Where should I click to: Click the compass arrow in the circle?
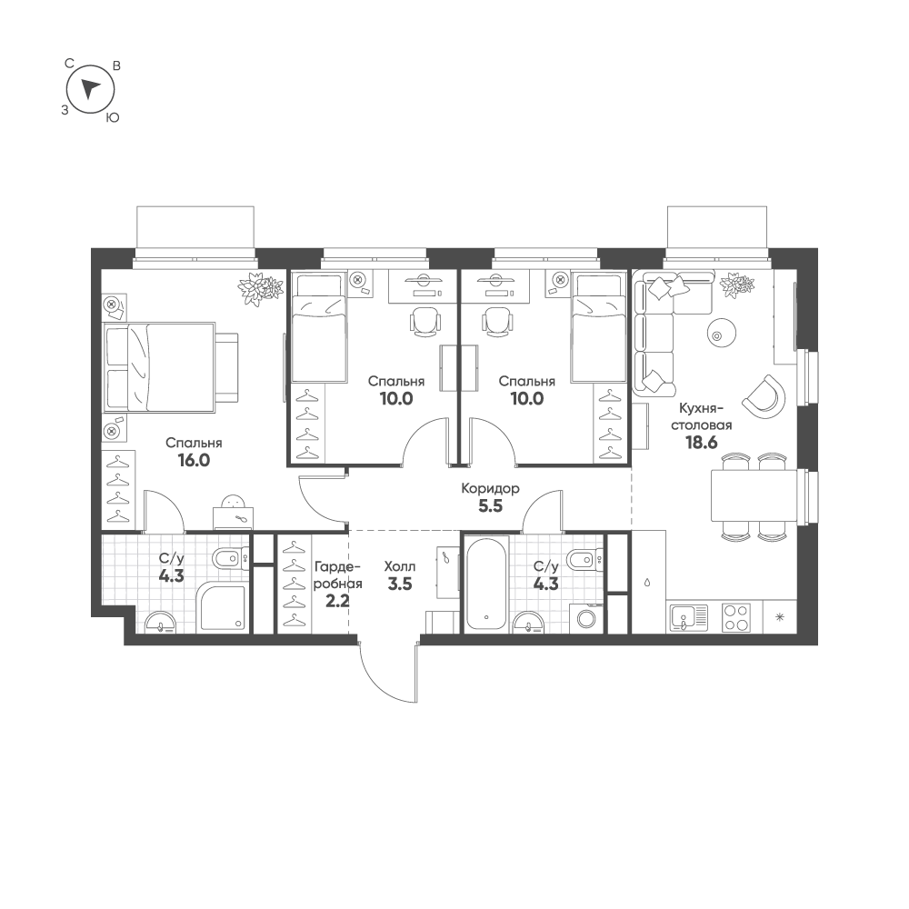[x=90, y=89]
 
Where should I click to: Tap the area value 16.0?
[x=194, y=460]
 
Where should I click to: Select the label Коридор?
[x=491, y=488]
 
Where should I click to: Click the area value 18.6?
[x=702, y=443]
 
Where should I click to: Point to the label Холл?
[x=399, y=566]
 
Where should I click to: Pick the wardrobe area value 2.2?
[x=337, y=601]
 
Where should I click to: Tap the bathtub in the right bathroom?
[x=485, y=584]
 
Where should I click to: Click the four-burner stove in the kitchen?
[x=736, y=617]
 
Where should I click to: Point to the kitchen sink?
[x=689, y=617]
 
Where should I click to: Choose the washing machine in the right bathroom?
[x=586, y=618]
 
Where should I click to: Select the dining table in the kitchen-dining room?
[x=754, y=495]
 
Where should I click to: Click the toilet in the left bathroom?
[x=233, y=560]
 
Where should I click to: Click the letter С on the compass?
[x=69, y=64]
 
